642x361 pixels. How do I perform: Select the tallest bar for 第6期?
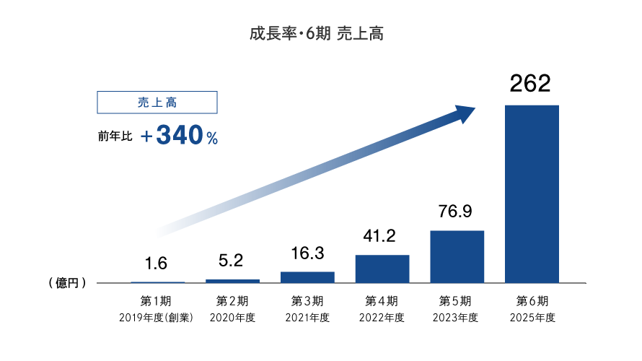532,193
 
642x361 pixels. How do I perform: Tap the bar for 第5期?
457,256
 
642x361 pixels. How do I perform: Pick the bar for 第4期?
382,269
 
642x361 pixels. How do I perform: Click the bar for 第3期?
307,277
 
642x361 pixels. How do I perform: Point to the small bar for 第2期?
232,280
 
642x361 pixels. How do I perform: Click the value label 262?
530,84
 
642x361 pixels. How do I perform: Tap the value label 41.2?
382,235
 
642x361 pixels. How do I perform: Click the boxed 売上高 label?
157,103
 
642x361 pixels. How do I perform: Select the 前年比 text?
115,136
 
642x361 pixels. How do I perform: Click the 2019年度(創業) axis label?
157,318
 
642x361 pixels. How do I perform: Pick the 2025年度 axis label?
532,318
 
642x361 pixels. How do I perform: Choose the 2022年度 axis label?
382,318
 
